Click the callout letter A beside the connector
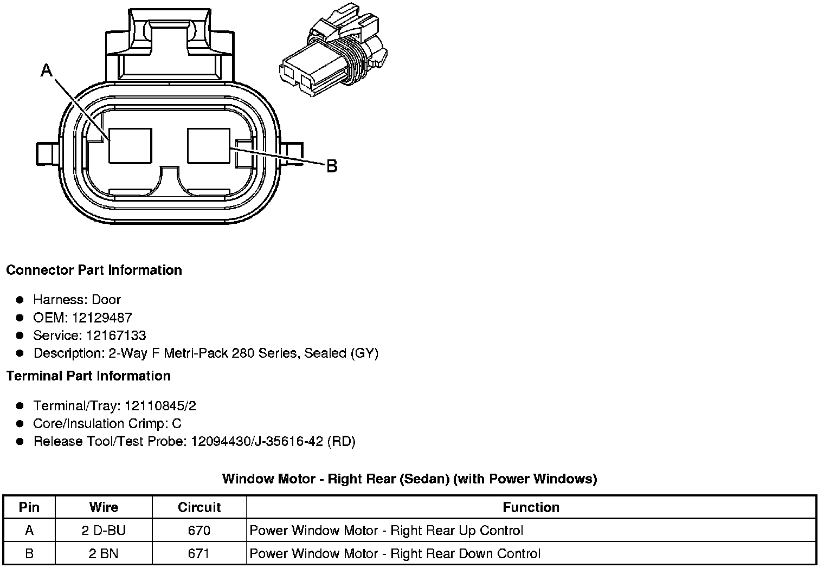(47, 70)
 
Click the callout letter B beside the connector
(331, 166)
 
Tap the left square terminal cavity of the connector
(130, 145)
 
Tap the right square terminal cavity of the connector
(208, 145)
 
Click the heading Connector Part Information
(94, 270)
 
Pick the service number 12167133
(115, 335)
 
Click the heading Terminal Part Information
(88, 376)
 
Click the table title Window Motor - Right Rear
(409, 479)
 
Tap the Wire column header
(104, 507)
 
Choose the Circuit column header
(199, 507)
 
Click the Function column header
(531, 507)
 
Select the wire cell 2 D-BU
(104, 530)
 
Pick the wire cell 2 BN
(104, 553)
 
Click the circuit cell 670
(199, 530)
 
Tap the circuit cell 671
(199, 553)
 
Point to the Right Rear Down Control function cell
(395, 553)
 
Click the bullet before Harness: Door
(20, 300)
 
